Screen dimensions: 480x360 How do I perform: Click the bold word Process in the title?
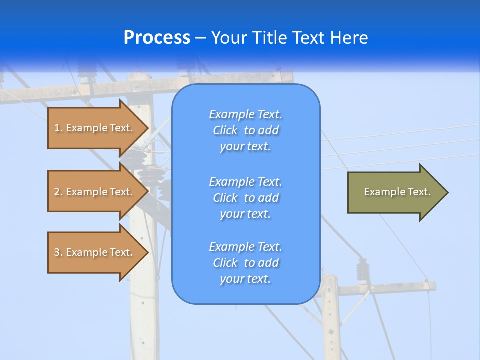pyautogui.click(x=157, y=38)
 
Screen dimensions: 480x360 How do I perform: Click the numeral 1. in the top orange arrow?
pyautogui.click(x=58, y=128)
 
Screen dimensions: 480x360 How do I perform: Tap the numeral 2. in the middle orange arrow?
pyautogui.click(x=58, y=192)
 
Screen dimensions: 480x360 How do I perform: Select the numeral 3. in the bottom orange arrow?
pyautogui.click(x=58, y=252)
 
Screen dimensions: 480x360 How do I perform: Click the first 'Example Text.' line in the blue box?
pyautogui.click(x=245, y=114)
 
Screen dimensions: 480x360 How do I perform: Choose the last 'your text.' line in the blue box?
pyautogui.click(x=245, y=279)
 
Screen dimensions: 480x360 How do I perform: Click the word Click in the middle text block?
pyautogui.click(x=225, y=198)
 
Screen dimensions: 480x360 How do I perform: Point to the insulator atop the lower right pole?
pyautogui.click(x=362, y=270)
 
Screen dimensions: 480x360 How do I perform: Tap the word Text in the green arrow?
pyautogui.click(x=419, y=192)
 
